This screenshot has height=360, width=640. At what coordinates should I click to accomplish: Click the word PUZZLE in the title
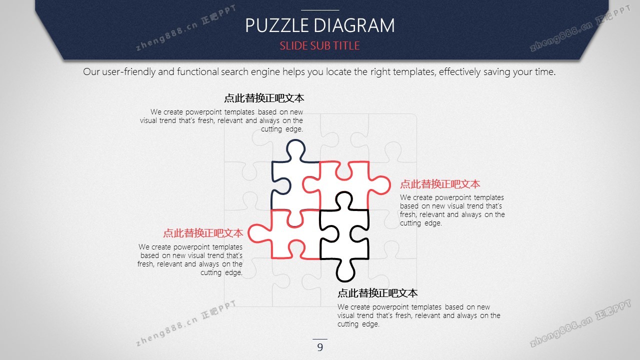[277, 25]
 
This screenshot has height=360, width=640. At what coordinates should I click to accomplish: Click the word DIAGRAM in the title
[354, 25]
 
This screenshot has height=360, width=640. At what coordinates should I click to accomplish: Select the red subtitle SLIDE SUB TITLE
[319, 45]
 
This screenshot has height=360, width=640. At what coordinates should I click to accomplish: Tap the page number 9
[320, 347]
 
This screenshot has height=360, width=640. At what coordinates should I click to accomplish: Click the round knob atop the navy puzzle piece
[295, 148]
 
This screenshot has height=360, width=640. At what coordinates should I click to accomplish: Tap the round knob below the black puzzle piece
[345, 271]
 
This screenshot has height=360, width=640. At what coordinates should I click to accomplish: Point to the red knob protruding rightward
[380, 185]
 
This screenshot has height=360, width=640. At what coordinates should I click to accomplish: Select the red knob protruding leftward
[258, 233]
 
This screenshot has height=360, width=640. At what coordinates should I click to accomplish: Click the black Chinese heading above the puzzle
[264, 98]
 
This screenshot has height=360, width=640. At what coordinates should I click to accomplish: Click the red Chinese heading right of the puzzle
[440, 184]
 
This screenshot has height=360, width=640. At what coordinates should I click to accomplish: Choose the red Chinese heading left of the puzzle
[203, 233]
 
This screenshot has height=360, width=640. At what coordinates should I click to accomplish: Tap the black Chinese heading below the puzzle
[377, 293]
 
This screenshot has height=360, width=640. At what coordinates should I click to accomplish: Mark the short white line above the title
[320, 10]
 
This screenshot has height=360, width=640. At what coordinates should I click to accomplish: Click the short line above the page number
[320, 339]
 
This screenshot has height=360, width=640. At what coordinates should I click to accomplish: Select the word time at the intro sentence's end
[545, 71]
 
